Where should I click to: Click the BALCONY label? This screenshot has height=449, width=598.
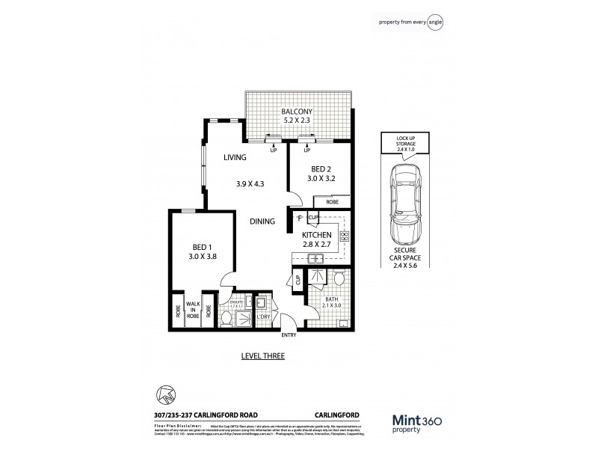pos(297,113)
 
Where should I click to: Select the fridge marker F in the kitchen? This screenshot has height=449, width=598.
pos(299,219)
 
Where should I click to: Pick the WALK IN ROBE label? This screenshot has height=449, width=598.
pos(194,308)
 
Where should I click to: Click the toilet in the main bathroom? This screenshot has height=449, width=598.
pos(338,280)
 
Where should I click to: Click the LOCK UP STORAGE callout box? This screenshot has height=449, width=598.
pos(403,141)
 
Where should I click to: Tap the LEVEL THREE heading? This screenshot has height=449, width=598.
pos(262,355)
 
